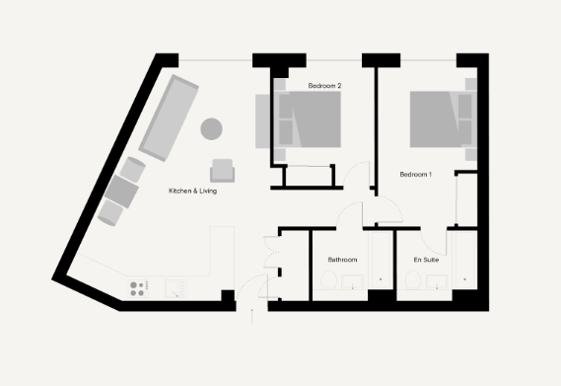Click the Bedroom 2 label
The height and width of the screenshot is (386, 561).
(x=324, y=86)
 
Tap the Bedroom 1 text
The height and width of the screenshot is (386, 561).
(x=416, y=175)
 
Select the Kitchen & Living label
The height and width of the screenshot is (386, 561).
(x=193, y=191)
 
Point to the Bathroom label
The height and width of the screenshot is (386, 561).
(x=342, y=260)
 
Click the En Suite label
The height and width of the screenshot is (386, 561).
(x=427, y=260)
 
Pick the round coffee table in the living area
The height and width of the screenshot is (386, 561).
(x=211, y=127)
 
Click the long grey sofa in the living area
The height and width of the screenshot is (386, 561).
(x=169, y=115)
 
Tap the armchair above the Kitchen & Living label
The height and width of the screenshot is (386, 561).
(x=224, y=171)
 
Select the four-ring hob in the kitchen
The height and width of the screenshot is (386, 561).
(x=138, y=287)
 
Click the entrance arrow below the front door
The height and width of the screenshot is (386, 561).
(x=253, y=315)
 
